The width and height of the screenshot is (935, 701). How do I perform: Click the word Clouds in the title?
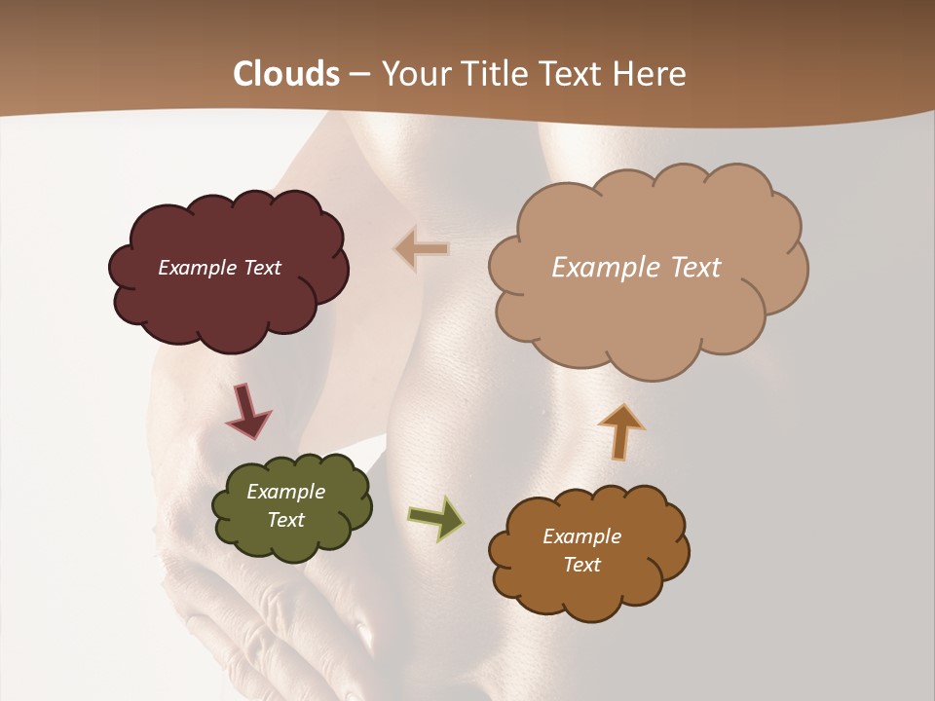click(286, 74)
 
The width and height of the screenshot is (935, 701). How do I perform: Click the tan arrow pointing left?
click(422, 249)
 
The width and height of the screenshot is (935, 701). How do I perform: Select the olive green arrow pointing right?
click(435, 518)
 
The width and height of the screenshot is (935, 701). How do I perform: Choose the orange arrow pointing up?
click(620, 430)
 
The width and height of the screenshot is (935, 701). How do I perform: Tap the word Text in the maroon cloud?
click(262, 268)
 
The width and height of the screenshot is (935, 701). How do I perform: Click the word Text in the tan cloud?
click(693, 268)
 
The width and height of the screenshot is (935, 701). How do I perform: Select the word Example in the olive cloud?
click(285, 492)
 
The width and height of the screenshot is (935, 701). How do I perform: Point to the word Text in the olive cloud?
click(285, 520)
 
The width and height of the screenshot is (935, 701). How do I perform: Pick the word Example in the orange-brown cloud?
click(581, 536)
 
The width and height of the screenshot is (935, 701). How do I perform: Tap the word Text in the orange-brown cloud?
click(581, 565)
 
